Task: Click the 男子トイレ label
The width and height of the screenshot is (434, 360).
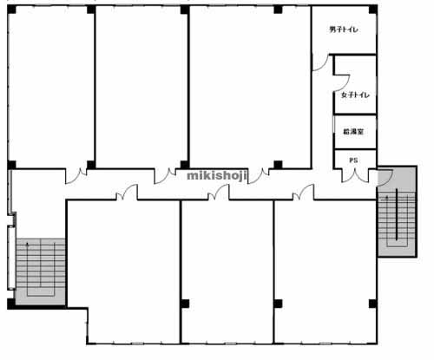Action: click(344, 29)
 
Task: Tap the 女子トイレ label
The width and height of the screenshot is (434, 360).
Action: click(355, 95)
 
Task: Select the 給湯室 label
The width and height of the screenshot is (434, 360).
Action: click(353, 132)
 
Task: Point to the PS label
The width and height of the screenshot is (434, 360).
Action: click(353, 160)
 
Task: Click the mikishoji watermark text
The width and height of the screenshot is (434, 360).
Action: click(217, 175)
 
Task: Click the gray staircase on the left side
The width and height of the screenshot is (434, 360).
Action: click(41, 272)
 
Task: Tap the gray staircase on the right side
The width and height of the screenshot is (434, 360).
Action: click(397, 211)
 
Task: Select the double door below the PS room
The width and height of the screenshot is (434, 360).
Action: click(355, 176)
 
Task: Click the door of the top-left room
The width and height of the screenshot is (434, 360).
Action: click(76, 176)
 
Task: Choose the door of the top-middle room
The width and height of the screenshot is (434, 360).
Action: click(165, 176)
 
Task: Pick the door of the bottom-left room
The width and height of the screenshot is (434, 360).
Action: click(127, 193)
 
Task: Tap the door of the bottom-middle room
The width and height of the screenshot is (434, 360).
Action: click(219, 193)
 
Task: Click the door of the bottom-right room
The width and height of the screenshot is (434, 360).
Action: click(303, 193)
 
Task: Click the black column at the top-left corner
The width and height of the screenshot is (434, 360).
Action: click(11, 10)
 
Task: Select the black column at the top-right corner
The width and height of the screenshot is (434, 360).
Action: click(373, 10)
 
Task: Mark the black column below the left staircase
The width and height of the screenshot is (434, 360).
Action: click(11, 304)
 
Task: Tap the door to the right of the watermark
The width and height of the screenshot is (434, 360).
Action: click(259, 176)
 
